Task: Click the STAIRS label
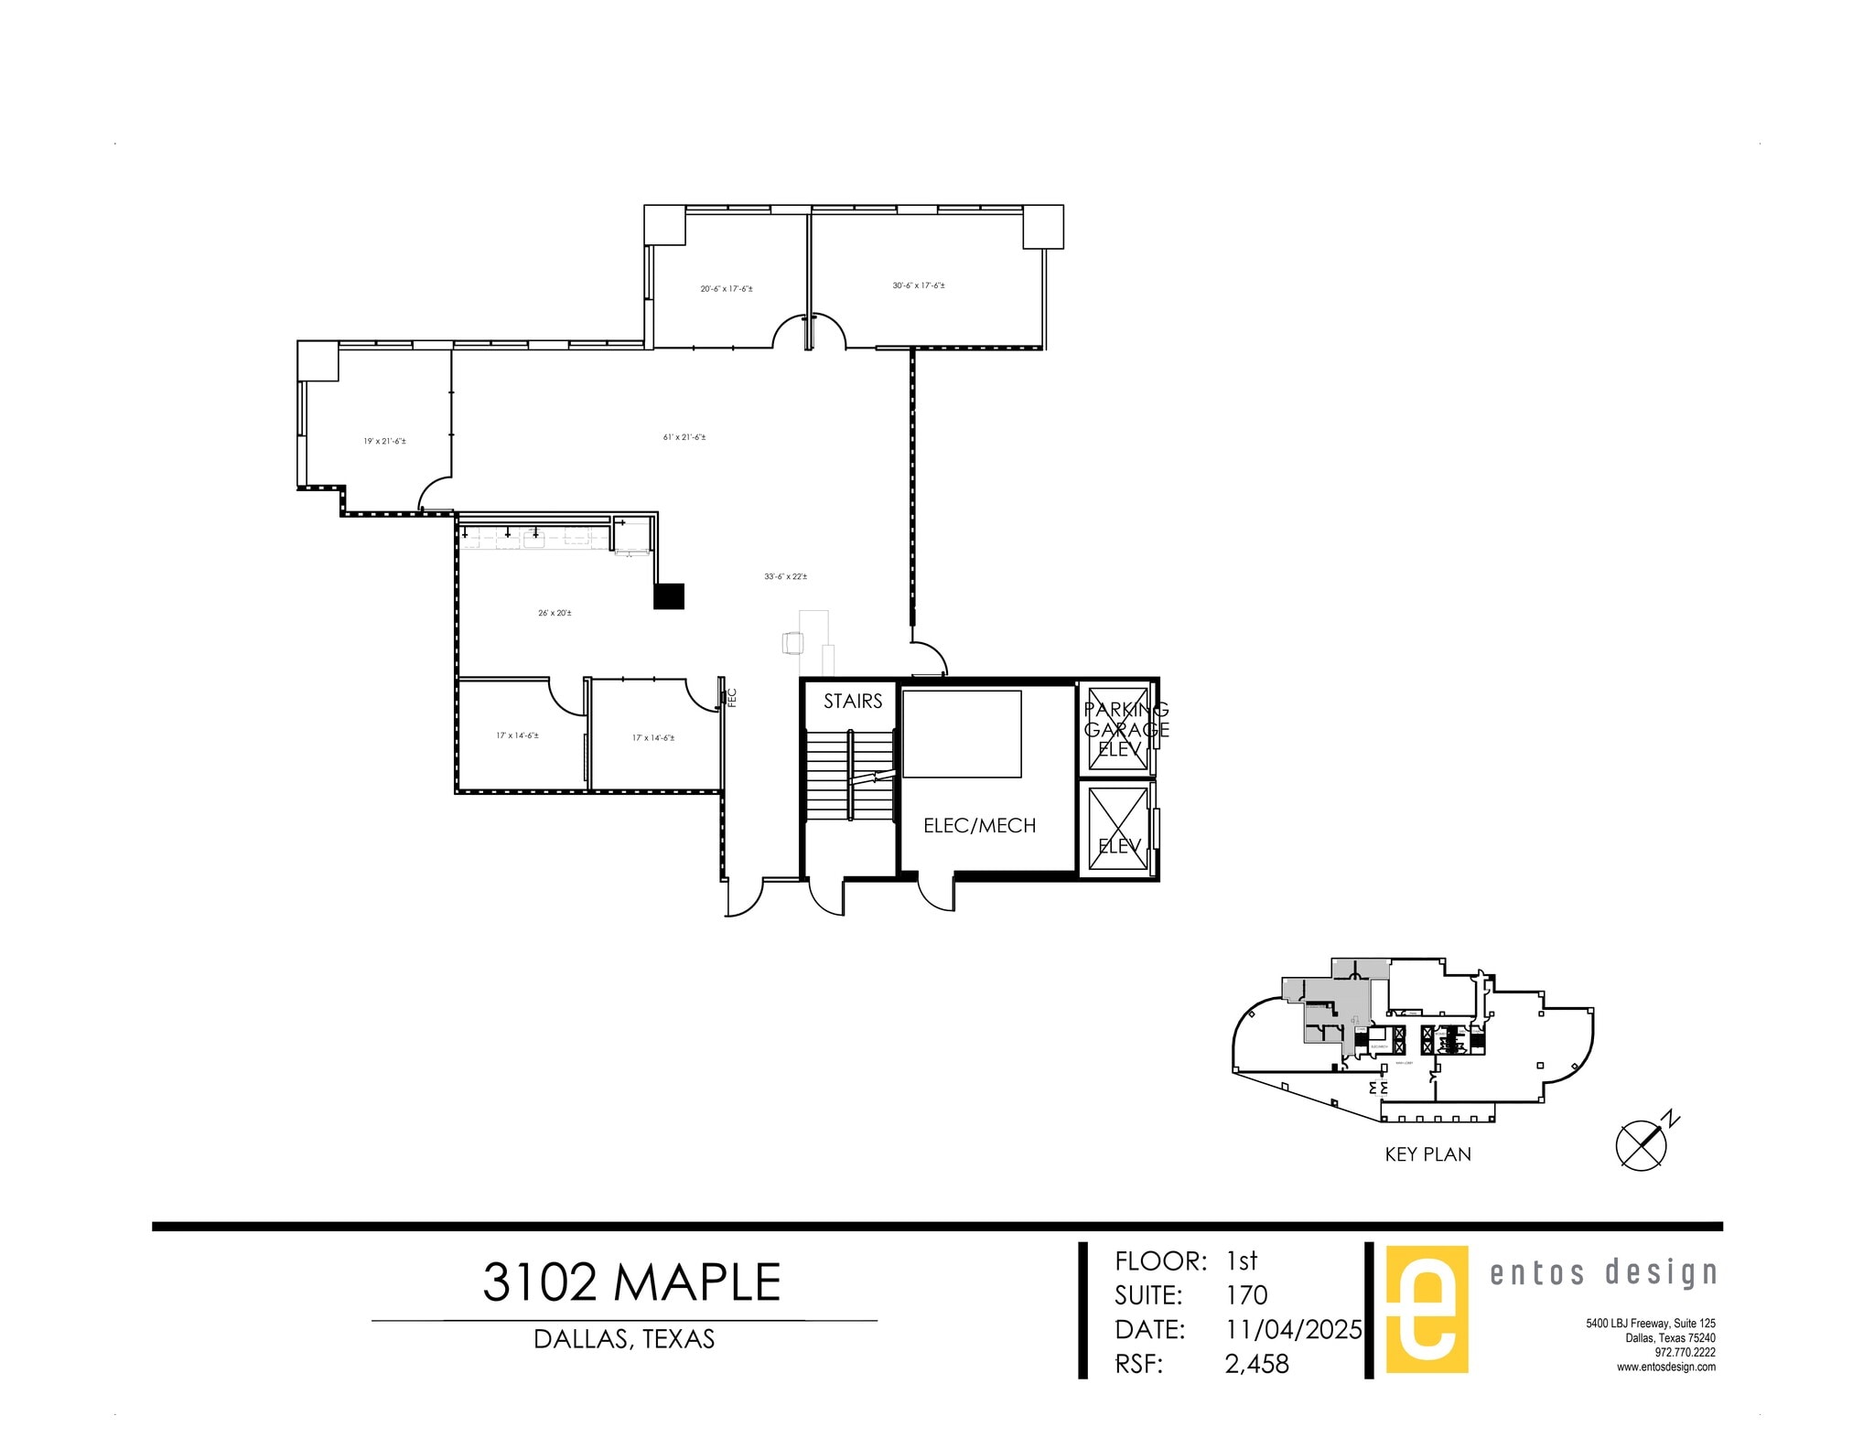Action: [x=852, y=702]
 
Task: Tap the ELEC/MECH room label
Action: [x=979, y=826]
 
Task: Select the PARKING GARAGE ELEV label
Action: [x=1125, y=729]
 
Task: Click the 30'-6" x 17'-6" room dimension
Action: [x=919, y=285]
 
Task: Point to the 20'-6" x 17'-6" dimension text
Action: [x=727, y=289]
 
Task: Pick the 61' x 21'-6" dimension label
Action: [x=684, y=437]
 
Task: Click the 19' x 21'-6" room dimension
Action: [x=384, y=441]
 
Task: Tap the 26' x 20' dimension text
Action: [x=555, y=613]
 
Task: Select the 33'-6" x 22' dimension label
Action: [x=785, y=576]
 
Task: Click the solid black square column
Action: [x=669, y=596]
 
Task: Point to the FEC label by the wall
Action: [x=731, y=698]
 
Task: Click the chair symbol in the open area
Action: [x=792, y=643]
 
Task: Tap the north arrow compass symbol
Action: [x=1643, y=1145]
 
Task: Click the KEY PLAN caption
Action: [x=1427, y=1155]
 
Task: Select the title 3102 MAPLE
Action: [x=631, y=1282]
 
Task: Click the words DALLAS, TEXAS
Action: [x=624, y=1339]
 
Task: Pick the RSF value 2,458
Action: [x=1256, y=1365]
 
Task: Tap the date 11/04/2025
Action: [x=1293, y=1329]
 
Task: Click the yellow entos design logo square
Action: [x=1427, y=1309]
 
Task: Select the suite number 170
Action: [x=1246, y=1295]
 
